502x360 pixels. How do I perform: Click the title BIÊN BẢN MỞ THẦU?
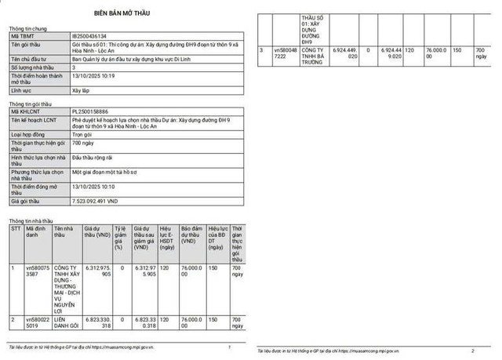point(123,14)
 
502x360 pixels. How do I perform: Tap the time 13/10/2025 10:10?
point(93,187)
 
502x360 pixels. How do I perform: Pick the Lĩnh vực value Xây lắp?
point(82,91)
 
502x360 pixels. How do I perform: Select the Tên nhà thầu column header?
point(66,233)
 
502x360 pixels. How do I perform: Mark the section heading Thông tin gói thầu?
point(28,104)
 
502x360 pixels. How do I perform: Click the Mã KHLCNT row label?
point(25,112)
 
